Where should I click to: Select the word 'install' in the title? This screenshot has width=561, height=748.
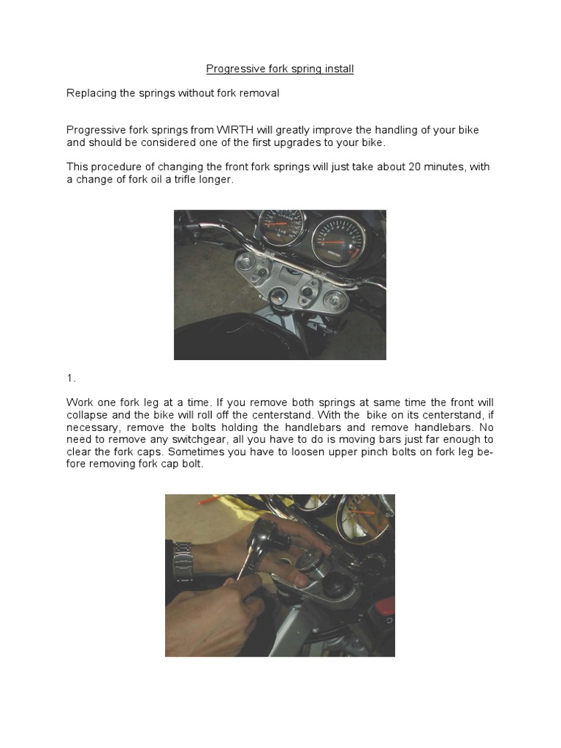tap(338, 69)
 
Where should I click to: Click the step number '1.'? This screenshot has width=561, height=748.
tap(71, 378)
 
